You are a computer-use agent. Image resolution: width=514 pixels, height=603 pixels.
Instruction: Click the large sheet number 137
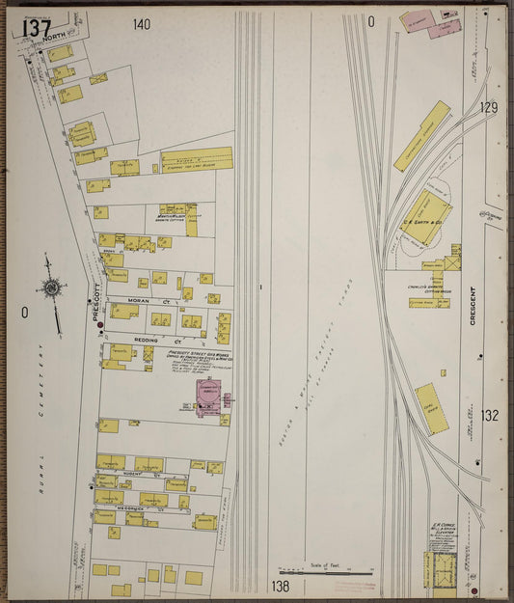(x=37, y=28)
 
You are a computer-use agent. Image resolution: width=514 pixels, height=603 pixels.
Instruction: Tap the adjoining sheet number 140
(x=142, y=24)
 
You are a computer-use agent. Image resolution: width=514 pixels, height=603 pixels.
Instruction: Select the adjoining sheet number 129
(x=489, y=108)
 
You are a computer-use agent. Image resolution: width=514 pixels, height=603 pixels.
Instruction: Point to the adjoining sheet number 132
(x=490, y=416)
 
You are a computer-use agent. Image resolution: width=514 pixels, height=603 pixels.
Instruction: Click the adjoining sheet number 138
(x=281, y=586)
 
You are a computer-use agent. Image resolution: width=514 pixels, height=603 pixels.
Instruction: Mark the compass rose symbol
(x=51, y=287)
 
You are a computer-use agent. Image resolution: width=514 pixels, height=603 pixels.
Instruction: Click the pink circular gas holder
(x=208, y=394)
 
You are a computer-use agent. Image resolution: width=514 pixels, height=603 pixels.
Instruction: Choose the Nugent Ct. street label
(x=133, y=475)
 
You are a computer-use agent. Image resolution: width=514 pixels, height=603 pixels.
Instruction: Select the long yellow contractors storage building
(x=421, y=136)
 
